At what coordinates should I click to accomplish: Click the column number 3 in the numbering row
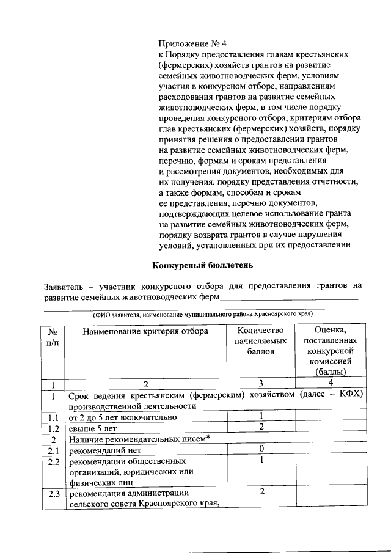pos(261,384)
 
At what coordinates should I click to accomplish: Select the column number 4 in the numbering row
pos(330,384)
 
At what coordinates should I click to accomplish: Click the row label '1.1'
pos(53,417)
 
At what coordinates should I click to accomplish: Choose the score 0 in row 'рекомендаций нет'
pos(261,450)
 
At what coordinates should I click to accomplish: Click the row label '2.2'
pos(53,461)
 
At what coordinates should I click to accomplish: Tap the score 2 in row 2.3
pos(261,493)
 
